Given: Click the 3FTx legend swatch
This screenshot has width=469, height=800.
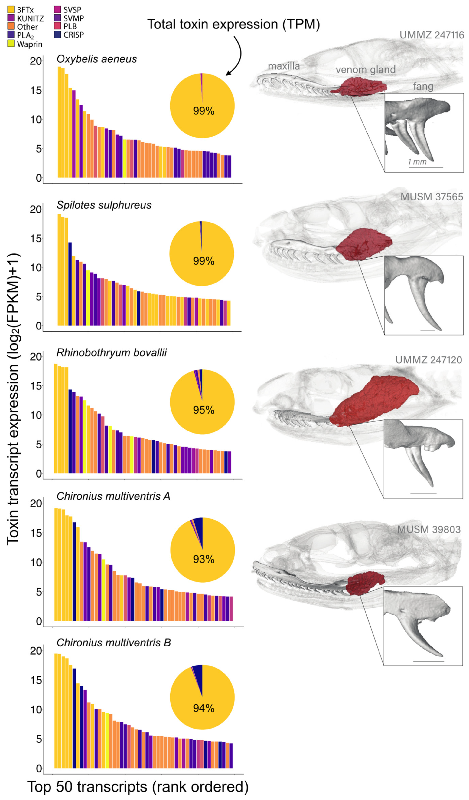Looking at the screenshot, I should click(11, 9).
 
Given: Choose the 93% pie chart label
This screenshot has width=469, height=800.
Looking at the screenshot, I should click(204, 559).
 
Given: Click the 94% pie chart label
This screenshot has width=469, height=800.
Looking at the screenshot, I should click(204, 708).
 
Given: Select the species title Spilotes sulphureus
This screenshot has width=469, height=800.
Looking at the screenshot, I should click(104, 205).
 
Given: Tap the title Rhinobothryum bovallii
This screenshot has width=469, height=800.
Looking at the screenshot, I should click(112, 353).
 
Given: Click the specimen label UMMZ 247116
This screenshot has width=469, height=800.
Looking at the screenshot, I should click(432, 35).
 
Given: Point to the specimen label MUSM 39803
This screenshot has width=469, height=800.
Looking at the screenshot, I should click(429, 530).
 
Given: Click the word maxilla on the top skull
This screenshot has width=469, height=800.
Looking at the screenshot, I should click(284, 66).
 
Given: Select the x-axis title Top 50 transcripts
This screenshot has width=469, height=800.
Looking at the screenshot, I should click(138, 787).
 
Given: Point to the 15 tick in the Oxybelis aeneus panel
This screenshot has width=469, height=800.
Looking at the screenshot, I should click(36, 91).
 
